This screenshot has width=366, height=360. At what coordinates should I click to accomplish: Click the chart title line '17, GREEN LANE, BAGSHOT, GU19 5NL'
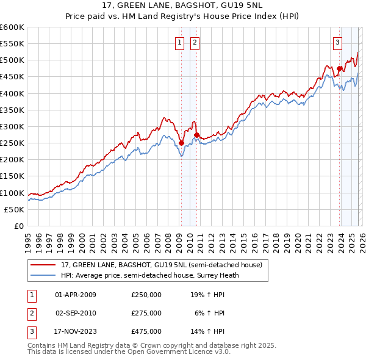[183, 7]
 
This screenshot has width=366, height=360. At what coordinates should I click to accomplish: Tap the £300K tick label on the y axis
[12, 126]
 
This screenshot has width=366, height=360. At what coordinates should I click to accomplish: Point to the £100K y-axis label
[12, 193]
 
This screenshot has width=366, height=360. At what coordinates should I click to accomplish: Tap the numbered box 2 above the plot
[195, 43]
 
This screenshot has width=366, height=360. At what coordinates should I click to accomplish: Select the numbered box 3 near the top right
[337, 43]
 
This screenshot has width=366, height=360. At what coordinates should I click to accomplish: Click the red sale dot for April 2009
[181, 143]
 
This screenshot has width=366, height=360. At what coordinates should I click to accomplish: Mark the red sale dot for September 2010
[196, 135]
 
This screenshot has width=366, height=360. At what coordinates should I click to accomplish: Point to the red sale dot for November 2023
[339, 68]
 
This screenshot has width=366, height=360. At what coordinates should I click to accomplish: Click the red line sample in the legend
[43, 265]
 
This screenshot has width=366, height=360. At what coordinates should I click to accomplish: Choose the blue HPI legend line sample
[43, 275]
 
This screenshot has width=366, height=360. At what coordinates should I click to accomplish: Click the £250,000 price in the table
[146, 294]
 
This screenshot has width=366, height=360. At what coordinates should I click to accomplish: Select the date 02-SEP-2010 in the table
[76, 312]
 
